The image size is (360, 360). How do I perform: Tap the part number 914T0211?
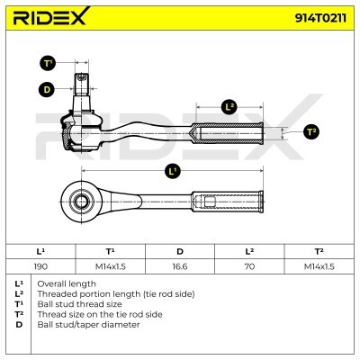click(x=320, y=18)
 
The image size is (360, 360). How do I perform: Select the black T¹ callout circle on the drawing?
click(x=48, y=63)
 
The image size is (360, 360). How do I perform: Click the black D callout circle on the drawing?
click(x=47, y=89)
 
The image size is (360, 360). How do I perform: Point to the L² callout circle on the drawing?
click(x=229, y=107)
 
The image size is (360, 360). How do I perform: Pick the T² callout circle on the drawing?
click(x=311, y=132)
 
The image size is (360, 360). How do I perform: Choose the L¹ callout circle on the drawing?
click(x=172, y=172)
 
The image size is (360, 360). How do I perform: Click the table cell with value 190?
click(x=40, y=266)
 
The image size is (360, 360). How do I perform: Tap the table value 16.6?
click(x=180, y=266)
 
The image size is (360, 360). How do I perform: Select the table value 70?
click(x=249, y=266)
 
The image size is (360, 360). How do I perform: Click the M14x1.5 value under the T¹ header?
click(x=111, y=266)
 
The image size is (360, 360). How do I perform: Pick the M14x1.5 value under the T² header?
click(x=319, y=266)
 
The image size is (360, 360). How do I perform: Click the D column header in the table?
click(x=180, y=251)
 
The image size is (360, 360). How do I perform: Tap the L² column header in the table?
click(x=249, y=251)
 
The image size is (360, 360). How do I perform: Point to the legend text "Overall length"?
click(x=67, y=283)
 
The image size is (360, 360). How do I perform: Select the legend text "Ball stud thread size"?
click(x=79, y=304)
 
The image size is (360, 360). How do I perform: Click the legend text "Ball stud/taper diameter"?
click(x=88, y=325)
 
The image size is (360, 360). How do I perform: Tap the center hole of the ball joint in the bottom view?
click(x=81, y=202)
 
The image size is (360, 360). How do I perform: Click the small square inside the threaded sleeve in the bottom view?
click(x=210, y=202)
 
